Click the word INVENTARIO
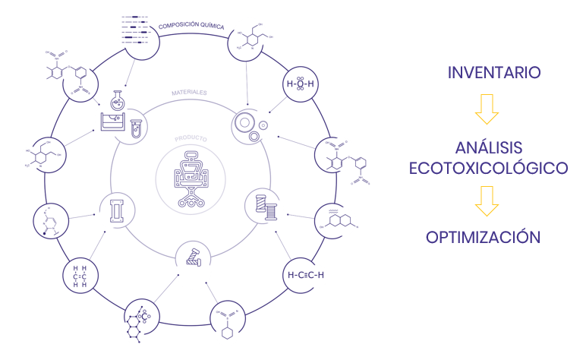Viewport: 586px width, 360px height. click(x=493, y=74)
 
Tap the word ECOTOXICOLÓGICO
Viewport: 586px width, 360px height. click(x=489, y=168)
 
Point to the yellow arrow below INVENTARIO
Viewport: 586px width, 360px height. click(x=487, y=109)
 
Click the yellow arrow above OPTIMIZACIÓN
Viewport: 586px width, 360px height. click(x=487, y=201)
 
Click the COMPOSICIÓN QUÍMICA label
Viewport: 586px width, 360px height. click(x=191, y=26)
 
